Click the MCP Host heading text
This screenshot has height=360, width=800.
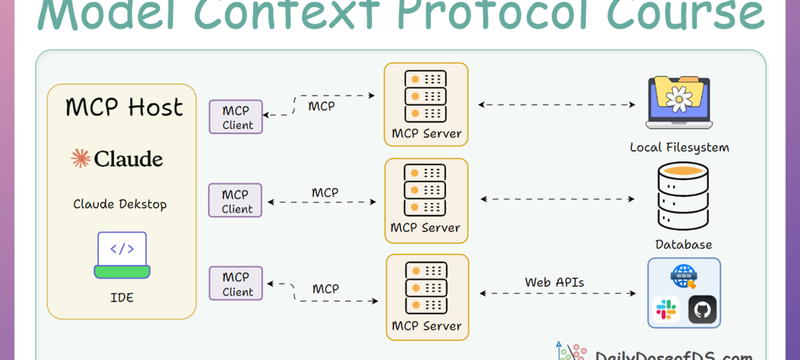[124, 107]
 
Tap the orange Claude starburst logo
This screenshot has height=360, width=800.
[81, 159]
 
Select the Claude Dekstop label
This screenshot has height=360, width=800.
[120, 204]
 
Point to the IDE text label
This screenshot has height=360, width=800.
[122, 298]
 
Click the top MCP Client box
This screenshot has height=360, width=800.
[236, 117]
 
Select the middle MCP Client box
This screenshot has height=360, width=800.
[235, 201]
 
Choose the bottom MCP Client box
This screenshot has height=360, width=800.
[236, 284]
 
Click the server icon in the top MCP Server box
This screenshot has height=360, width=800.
[425, 96]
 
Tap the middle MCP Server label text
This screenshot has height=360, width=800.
[425, 228]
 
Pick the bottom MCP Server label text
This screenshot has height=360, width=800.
[426, 326]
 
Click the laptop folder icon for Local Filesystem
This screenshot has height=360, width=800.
[679, 102]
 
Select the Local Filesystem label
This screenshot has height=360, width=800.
[679, 147]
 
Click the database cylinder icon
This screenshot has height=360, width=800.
[683, 196]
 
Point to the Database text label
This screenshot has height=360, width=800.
[683, 244]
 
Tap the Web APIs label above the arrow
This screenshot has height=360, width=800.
[555, 282]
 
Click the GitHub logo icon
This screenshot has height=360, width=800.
[702, 310]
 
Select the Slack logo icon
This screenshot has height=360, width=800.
[666, 310]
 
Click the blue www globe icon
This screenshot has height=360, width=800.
[684, 276]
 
